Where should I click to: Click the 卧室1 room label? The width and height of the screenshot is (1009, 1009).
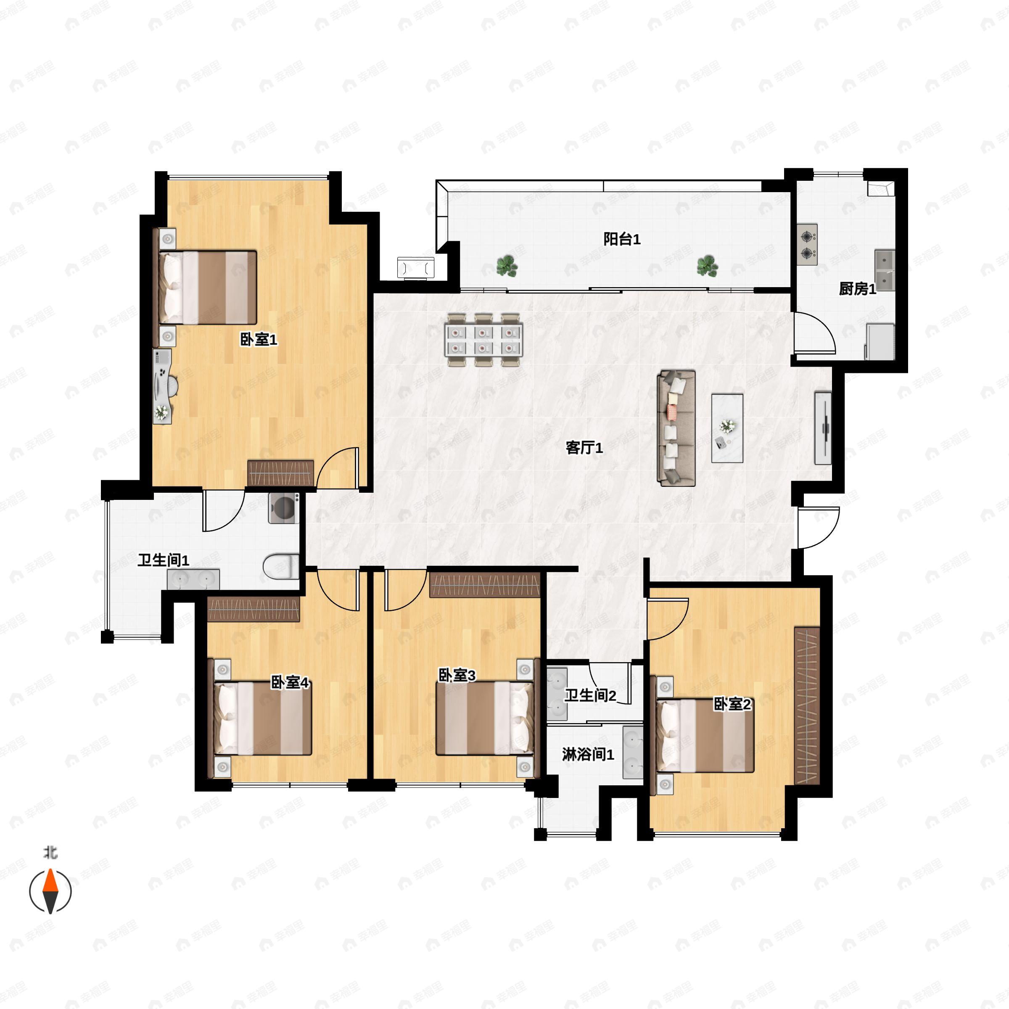259,340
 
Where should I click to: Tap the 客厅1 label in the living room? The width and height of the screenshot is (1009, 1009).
584,448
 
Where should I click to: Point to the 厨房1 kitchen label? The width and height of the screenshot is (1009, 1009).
858,288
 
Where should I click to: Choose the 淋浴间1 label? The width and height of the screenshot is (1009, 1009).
588,754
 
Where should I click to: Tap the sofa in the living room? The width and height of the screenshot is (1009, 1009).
676,428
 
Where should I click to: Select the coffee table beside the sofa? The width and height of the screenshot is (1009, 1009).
727,428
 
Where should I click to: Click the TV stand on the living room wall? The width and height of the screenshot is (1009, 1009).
823,428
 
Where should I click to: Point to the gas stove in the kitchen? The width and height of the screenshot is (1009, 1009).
807,245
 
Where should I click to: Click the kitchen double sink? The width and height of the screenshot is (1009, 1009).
885,270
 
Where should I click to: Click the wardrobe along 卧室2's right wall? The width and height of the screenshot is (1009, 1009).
807,705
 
